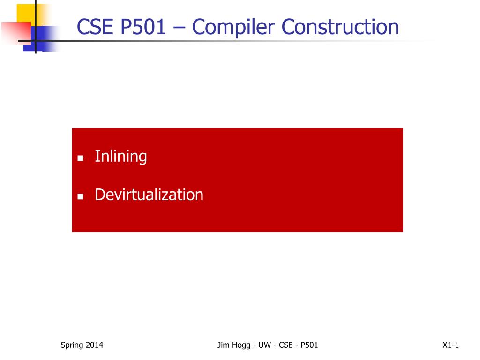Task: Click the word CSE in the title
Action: [95, 27]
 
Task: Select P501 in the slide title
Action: [143, 27]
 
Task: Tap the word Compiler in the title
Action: [233, 27]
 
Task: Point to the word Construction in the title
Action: [340, 27]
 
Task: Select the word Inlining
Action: [121, 157]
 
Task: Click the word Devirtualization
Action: [149, 195]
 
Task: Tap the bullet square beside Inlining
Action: [81, 158]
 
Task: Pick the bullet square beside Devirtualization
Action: [81, 196]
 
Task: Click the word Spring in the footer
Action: [72, 345]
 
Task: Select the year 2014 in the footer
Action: [94, 345]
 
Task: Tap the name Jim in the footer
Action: [223, 345]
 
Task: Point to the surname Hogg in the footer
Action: [241, 345]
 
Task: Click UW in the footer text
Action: [265, 345]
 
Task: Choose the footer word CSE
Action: [285, 345]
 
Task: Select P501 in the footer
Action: [309, 345]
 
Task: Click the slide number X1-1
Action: [450, 345]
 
